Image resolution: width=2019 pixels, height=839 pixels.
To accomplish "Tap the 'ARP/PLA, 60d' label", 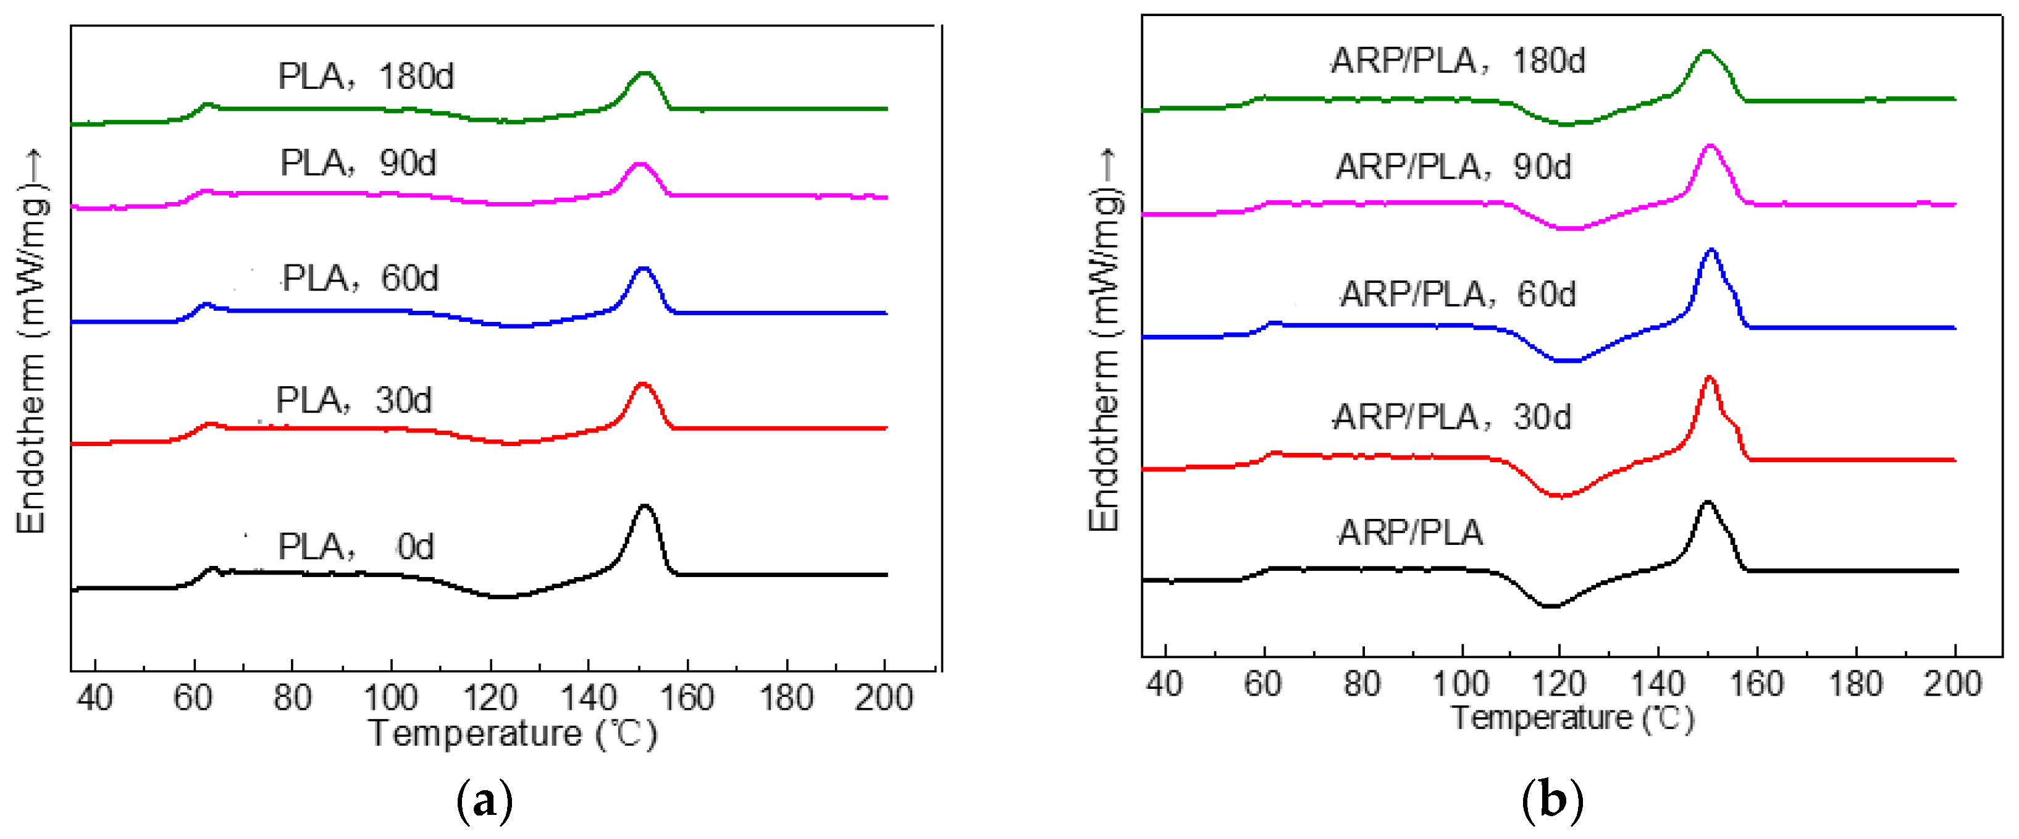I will (1457, 294).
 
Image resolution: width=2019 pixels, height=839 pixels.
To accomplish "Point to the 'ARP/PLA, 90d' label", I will (1453, 167).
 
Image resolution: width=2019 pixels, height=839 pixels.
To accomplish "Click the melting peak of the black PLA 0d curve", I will (645, 507).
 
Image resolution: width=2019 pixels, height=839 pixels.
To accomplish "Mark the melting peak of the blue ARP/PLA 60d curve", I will (1710, 251).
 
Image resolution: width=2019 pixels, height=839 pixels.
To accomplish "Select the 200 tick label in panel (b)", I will (1952, 684).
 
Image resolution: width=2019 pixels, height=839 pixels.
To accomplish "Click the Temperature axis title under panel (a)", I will (513, 734).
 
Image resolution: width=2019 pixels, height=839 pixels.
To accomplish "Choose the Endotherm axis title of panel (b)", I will (1105, 341).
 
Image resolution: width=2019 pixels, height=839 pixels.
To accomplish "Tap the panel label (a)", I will (484, 801).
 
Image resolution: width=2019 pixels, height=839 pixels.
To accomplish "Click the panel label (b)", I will (1552, 801).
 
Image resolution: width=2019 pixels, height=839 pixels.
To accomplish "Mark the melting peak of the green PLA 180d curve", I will (644, 73).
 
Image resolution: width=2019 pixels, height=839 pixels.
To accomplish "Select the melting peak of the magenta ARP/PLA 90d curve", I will (1710, 146).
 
